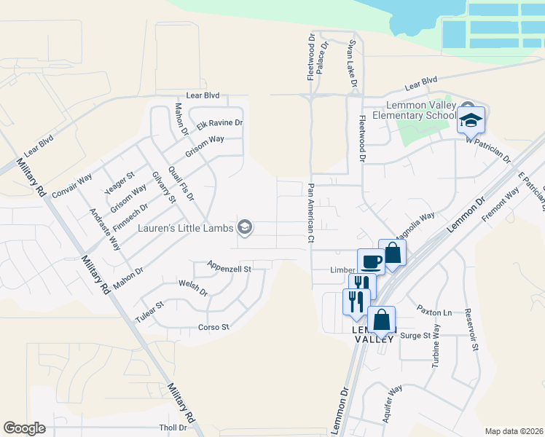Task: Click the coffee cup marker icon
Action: [x=370, y=261]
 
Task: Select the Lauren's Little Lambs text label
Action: [x=185, y=228]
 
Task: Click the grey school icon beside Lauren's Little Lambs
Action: [x=245, y=228]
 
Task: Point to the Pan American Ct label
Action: [x=310, y=213]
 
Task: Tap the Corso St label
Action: [x=213, y=327]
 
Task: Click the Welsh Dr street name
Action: [x=193, y=288]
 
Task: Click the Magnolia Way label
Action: [x=415, y=221]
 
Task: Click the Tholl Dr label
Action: [x=173, y=428]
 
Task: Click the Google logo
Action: [x=24, y=428]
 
